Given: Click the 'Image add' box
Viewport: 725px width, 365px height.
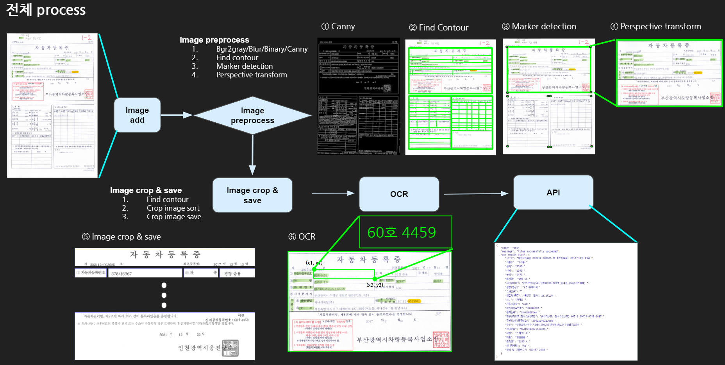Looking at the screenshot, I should click(137, 115).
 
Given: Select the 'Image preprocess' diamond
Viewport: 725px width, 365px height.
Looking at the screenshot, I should click(252, 115).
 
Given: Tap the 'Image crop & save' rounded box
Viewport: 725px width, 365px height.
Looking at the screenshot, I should click(252, 195).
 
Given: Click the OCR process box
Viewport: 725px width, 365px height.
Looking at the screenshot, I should click(399, 194).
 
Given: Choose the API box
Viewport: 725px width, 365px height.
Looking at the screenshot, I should click(553, 192).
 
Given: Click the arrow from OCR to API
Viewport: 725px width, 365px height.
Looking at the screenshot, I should click(476, 194).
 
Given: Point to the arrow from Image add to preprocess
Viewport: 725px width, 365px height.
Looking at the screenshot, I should click(177, 115).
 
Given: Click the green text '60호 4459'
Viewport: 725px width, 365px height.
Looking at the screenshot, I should click(402, 233).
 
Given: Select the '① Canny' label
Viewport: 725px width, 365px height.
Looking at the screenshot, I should click(338, 27).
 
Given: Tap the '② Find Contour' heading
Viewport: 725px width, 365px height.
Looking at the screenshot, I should click(439, 27).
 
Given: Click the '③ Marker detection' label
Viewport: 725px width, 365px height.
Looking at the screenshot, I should click(539, 27).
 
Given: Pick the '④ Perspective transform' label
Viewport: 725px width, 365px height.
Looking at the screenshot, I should click(656, 27).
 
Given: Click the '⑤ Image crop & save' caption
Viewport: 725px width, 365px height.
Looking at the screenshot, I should click(121, 237).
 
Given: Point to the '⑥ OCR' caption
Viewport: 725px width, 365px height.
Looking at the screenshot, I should click(302, 237).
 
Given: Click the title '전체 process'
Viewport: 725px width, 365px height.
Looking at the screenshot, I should click(46, 10).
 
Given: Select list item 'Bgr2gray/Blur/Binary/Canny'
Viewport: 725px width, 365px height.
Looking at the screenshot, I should click(262, 49).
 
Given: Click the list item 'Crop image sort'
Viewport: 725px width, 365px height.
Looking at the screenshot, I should click(173, 208).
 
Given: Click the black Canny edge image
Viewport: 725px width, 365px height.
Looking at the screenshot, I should click(359, 96).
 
